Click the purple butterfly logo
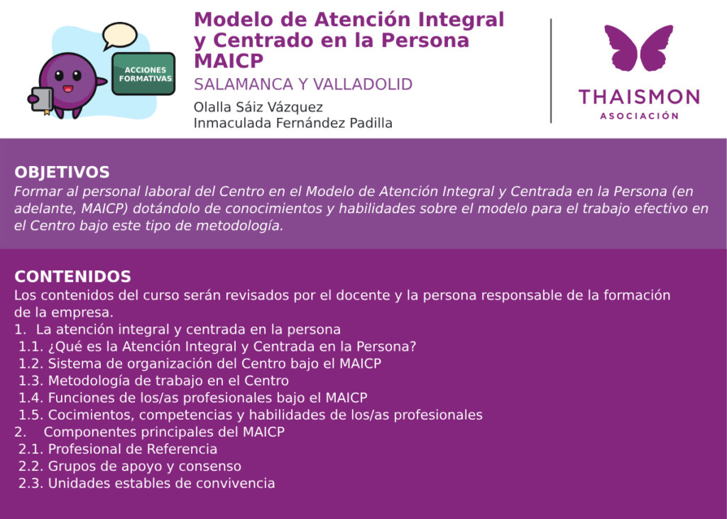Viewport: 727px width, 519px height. pyautogui.click(x=639, y=48)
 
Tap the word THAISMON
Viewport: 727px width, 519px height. pyautogui.click(x=639, y=97)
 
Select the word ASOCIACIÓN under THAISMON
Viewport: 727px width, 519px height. pyautogui.click(x=639, y=116)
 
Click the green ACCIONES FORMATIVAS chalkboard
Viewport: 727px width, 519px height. pyautogui.click(x=143, y=75)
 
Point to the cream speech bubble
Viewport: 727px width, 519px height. pyautogui.click(x=119, y=35)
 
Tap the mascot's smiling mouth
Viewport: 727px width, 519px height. pyautogui.click(x=67, y=89)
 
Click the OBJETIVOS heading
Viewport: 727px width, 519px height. pyautogui.click(x=62, y=172)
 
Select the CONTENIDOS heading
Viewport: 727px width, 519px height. pyautogui.click(x=73, y=276)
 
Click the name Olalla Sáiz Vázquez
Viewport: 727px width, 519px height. pyautogui.click(x=258, y=107)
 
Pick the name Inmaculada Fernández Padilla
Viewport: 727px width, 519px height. pyautogui.click(x=293, y=123)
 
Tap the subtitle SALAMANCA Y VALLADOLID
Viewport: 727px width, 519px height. pyautogui.click(x=303, y=84)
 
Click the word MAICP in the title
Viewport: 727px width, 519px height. pyautogui.click(x=229, y=61)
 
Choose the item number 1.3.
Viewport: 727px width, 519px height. pyautogui.click(x=31, y=381)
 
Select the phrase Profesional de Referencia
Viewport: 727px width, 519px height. pyautogui.click(x=133, y=449)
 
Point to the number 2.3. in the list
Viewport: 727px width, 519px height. pyautogui.click(x=31, y=484)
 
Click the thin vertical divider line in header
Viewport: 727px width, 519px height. pyautogui.click(x=551, y=71)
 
